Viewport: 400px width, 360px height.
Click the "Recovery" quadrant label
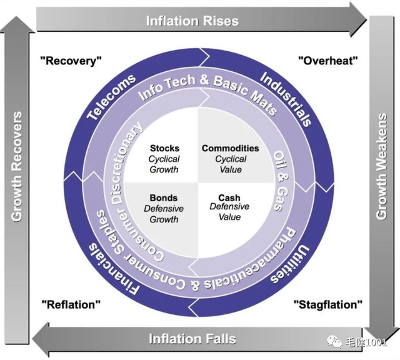click(x=71, y=61)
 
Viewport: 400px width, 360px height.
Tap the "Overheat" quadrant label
click(x=327, y=61)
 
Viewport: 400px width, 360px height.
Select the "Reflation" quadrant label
click(x=71, y=304)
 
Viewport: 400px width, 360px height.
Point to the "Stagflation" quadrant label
click(x=327, y=304)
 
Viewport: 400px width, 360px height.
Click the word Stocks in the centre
click(x=164, y=148)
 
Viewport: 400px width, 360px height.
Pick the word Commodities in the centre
click(x=231, y=148)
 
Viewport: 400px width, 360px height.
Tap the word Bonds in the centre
click(x=164, y=197)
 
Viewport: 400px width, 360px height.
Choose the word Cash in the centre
click(x=229, y=197)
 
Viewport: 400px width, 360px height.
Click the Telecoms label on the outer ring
click(x=111, y=97)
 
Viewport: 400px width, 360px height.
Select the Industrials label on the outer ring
click(x=286, y=99)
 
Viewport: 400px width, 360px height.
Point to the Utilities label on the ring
click(x=290, y=265)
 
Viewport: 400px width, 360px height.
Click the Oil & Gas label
click(x=281, y=181)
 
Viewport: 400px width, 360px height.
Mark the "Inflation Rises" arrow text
click(x=192, y=21)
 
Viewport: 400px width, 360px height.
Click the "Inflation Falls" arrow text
click(x=192, y=339)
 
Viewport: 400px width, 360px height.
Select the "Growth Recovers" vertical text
click(x=17, y=166)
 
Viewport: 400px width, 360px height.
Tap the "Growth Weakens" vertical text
click(x=382, y=166)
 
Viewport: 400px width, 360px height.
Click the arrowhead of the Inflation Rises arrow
click(x=358, y=20)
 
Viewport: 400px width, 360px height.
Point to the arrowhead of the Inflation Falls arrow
click(x=41, y=339)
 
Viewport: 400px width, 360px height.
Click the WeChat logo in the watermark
click(x=334, y=342)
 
